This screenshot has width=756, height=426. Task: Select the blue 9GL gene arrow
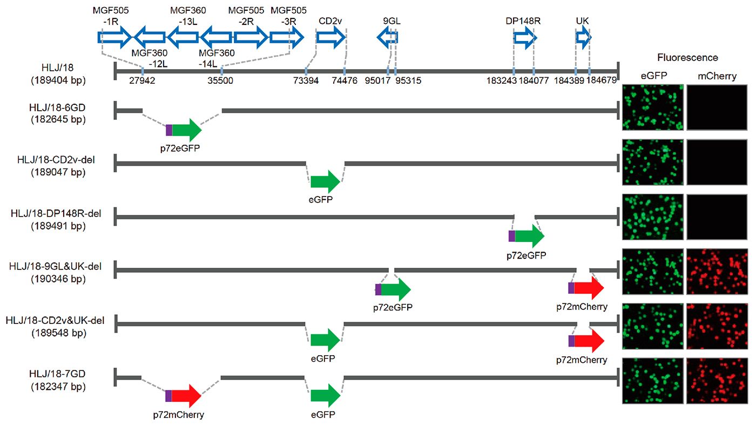click(x=387, y=37)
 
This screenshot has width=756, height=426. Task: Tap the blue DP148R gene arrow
click(x=524, y=37)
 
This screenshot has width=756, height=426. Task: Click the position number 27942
click(x=143, y=80)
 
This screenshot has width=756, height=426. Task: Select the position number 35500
click(x=221, y=80)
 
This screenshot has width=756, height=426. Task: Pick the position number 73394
click(x=306, y=80)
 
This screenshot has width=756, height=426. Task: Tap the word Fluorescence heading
click(x=687, y=57)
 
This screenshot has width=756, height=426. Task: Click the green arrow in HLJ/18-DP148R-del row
click(x=529, y=236)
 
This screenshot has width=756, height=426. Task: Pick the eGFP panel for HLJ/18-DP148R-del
click(x=653, y=217)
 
